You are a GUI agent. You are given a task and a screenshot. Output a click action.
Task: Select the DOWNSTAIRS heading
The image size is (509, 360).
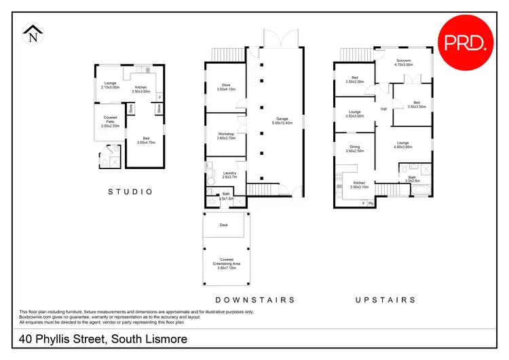[x=254, y=299]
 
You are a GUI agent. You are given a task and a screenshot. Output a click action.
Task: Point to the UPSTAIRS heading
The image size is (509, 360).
[x=385, y=299]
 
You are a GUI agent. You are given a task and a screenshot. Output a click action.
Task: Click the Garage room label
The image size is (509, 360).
[x=282, y=120]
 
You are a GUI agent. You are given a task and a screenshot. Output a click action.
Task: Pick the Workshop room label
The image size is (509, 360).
[x=226, y=136]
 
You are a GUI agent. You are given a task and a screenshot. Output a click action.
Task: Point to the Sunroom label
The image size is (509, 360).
[x=404, y=61]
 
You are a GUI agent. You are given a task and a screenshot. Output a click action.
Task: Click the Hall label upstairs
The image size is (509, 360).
[x=383, y=109]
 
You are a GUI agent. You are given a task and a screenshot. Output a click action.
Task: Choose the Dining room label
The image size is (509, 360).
[x=355, y=149]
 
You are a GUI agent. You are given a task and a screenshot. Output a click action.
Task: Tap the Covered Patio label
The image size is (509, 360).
[x=110, y=122]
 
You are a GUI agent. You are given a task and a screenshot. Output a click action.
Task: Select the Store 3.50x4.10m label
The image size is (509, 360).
[x=226, y=87]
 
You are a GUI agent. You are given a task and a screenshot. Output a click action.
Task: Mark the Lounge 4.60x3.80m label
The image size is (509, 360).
[x=402, y=145]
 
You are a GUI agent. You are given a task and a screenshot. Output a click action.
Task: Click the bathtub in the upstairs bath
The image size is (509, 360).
[x=420, y=193]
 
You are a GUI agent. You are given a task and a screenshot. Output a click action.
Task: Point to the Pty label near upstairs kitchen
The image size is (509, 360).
[x=371, y=203]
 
